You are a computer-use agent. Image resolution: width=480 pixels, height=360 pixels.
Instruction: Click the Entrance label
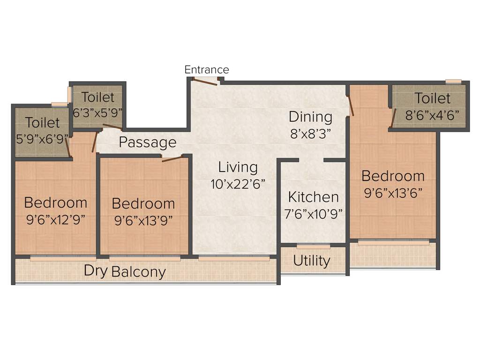coord(207,70)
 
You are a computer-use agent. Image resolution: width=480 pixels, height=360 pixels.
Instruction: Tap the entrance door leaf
coord(205,82)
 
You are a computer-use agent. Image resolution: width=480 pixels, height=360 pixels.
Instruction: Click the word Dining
coord(310,117)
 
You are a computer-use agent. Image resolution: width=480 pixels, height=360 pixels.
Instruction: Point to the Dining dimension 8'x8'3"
coord(310,133)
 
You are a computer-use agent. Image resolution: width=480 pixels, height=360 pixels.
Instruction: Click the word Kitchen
coord(313,197)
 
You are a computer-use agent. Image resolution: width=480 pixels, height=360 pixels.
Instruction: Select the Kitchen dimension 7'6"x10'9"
coord(313,213)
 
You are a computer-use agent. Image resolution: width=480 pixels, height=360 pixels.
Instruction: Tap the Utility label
coord(312,261)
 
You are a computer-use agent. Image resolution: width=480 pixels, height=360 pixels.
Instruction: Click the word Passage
coord(148,142)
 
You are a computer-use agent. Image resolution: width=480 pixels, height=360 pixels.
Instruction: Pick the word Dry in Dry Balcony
coord(96,270)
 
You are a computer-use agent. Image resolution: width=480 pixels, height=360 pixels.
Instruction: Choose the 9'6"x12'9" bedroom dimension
coord(56,219)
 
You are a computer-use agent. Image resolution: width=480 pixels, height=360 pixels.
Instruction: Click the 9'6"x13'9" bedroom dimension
coord(143,220)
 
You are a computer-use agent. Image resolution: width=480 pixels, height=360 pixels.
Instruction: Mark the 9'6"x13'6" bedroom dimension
coord(393,193)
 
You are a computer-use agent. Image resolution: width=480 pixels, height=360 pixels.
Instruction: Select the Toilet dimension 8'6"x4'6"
coord(432,115)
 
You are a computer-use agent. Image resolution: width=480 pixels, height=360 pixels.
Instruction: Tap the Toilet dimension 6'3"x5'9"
coord(98,113)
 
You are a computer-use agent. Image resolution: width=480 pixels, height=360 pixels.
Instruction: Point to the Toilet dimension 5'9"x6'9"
coord(43,139)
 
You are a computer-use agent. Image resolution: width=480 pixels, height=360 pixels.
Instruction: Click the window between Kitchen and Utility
coord(313,246)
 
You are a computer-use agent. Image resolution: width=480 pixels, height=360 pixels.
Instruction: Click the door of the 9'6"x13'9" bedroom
coord(172,158)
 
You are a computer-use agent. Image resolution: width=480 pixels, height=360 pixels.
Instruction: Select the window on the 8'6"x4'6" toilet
coord(453,82)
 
